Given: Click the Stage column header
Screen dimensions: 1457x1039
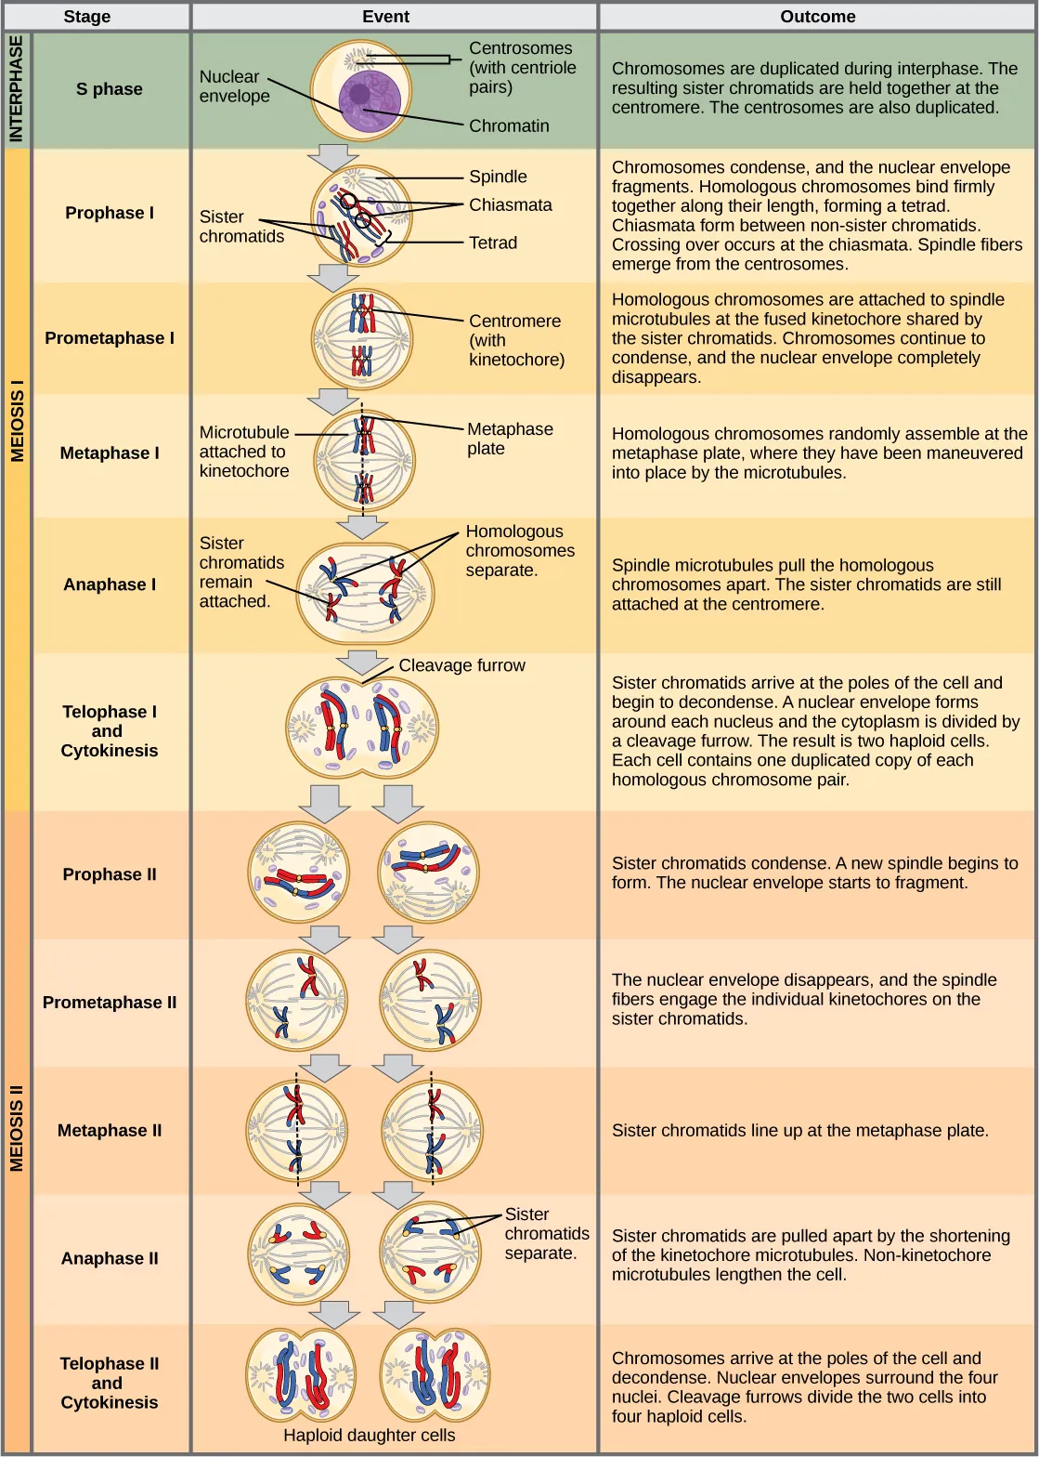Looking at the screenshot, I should [x=87, y=17].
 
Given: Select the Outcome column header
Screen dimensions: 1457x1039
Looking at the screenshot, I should [x=817, y=17].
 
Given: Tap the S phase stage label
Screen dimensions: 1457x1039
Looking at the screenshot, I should [x=110, y=89].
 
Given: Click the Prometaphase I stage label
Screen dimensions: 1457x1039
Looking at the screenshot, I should [x=110, y=338].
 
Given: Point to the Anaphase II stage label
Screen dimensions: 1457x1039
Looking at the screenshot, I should [x=110, y=1258].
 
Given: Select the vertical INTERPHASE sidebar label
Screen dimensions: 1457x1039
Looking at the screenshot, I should [x=16, y=90].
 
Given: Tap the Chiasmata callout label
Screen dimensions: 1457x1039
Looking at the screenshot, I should [x=510, y=205].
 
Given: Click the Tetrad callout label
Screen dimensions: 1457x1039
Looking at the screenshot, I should [x=492, y=243].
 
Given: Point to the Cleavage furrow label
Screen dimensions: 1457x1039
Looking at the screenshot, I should [x=461, y=665].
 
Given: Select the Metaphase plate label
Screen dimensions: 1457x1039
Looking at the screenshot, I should [x=509, y=439].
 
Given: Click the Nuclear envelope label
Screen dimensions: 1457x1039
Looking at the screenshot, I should [x=234, y=86].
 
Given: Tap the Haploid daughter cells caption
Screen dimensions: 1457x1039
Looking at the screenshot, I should [x=369, y=1435].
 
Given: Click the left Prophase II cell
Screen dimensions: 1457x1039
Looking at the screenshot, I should [x=299, y=873].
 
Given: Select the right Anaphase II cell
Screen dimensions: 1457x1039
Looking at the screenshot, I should [x=430, y=1255].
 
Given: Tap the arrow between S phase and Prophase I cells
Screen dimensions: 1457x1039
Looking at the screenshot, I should [x=333, y=156].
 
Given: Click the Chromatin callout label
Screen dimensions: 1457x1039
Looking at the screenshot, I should [x=509, y=126].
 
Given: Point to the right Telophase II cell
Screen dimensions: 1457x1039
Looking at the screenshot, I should [x=435, y=1377].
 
